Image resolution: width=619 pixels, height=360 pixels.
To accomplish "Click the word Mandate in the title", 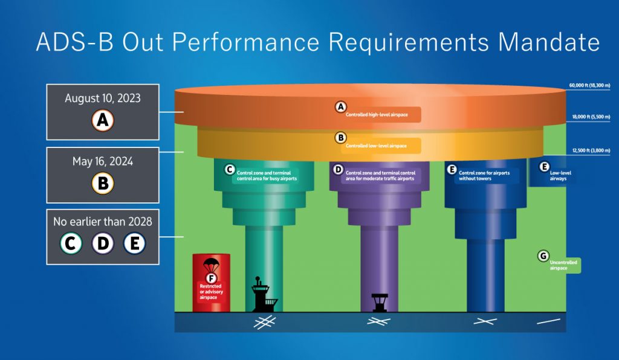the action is click(549, 42).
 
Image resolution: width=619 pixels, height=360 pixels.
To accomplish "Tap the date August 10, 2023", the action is click(103, 98).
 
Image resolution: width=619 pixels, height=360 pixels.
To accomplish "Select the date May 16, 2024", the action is click(103, 162).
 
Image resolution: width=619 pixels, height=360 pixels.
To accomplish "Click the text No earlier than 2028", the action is click(103, 222).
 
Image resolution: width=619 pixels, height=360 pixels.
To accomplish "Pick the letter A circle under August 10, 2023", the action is click(103, 120).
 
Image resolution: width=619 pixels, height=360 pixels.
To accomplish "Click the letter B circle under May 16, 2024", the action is click(103, 184).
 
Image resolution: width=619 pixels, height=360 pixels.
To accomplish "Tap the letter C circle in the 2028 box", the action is click(71, 243).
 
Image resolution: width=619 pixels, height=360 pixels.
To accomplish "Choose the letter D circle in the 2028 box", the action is click(103, 243).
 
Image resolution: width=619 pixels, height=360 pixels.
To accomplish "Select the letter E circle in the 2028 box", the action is click(135, 243).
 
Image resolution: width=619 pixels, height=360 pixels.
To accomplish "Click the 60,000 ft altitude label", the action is click(589, 86).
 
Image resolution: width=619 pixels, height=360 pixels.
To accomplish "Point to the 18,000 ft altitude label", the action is click(591, 117).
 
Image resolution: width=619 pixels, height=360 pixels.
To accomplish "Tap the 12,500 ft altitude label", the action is click(591, 150).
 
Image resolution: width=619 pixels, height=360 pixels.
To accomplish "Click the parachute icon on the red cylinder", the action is click(211, 265).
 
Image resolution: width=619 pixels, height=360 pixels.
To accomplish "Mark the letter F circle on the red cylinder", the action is click(211, 278).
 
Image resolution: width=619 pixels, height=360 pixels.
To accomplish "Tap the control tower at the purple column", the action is click(380, 303).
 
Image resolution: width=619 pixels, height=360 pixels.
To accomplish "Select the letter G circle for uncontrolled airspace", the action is click(543, 256).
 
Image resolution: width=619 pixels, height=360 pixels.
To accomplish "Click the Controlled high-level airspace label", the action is click(377, 115).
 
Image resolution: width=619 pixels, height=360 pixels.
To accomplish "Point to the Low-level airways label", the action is click(560, 176).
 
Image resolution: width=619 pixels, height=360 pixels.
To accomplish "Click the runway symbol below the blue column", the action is click(485, 321).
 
